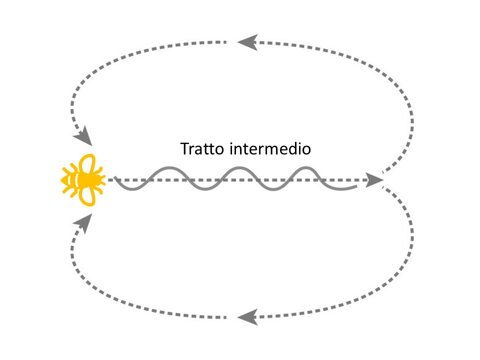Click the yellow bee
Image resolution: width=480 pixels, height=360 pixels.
pyautogui.click(x=84, y=180)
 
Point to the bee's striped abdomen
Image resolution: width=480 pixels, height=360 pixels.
pyautogui.click(x=73, y=180)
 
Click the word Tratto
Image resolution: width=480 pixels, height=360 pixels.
pyautogui.click(x=203, y=149)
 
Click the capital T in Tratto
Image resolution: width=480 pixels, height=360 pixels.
pyautogui.click(x=184, y=149)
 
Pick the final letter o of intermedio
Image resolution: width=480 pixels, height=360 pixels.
pyautogui.click(x=311, y=150)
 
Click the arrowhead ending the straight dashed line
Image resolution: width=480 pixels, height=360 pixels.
pyautogui.click(x=376, y=181)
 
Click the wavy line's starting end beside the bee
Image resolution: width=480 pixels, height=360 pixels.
pyautogui.click(x=114, y=181)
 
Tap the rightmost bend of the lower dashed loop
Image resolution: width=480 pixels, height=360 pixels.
pyautogui.click(x=414, y=255)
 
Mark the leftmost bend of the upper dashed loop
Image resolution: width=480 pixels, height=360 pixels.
pyautogui.click(x=69, y=100)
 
